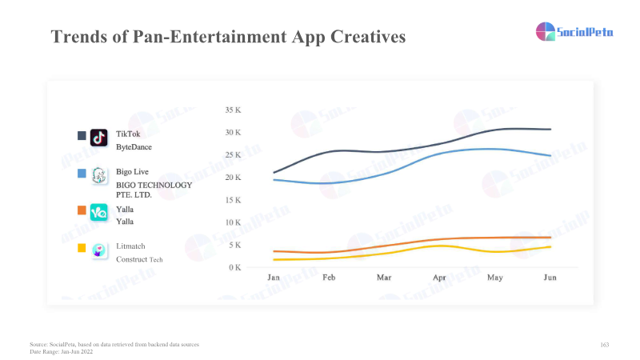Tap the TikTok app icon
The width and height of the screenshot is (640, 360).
[x=99, y=138]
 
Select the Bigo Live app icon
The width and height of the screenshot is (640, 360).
[x=99, y=175]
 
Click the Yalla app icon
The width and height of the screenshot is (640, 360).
[x=99, y=213]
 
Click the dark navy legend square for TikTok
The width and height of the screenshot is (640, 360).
[x=81, y=136]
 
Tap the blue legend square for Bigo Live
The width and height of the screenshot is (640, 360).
[x=81, y=173]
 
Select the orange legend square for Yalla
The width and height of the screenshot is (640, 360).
[x=81, y=210]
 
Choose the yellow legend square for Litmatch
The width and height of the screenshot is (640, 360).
[x=81, y=248]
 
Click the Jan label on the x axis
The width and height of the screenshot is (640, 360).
[x=273, y=277]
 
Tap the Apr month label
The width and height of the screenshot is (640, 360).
[x=439, y=277]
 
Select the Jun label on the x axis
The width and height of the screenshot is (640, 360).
[x=550, y=277]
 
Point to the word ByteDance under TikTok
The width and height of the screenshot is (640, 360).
[x=134, y=147]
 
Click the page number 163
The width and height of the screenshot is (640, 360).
[x=604, y=344]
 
